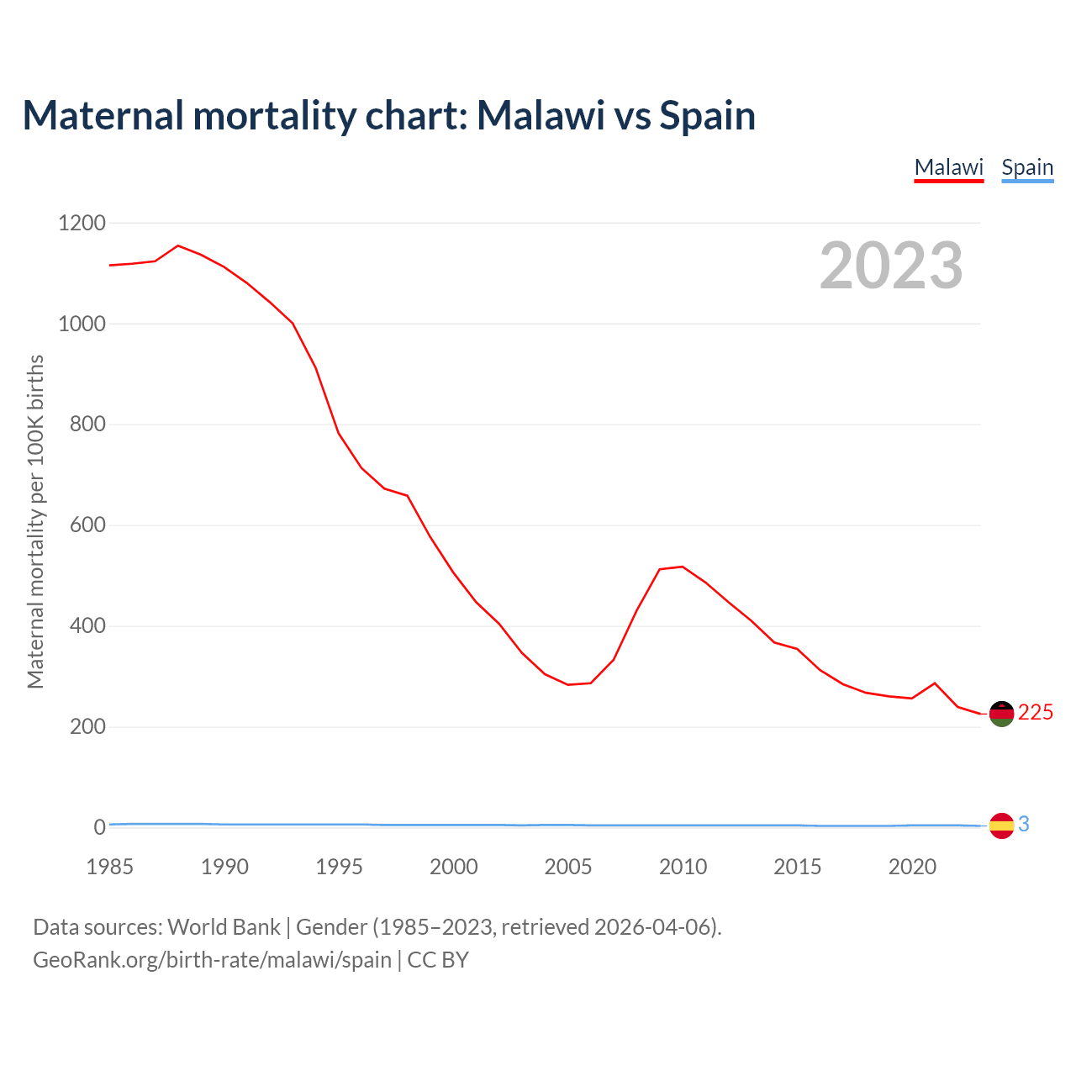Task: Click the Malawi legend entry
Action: pyautogui.click(x=948, y=167)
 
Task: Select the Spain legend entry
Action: pyautogui.click(x=1027, y=167)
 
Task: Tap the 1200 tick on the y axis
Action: pyautogui.click(x=82, y=223)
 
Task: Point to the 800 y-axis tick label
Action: pyautogui.click(x=87, y=425)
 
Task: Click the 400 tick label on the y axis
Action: pyautogui.click(x=87, y=626)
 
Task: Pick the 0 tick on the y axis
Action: pyautogui.click(x=100, y=827)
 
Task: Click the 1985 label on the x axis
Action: pyautogui.click(x=110, y=867)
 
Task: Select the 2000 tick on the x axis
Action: pyautogui.click(x=454, y=867)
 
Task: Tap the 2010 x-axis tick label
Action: pyautogui.click(x=683, y=867)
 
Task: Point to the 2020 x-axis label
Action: pyautogui.click(x=912, y=867)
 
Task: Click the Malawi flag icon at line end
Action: pyautogui.click(x=1001, y=714)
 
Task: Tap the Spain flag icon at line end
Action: pyautogui.click(x=1001, y=825)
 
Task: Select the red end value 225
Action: pyautogui.click(x=1036, y=713)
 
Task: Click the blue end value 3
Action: pyautogui.click(x=1024, y=825)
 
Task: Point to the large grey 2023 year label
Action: pyautogui.click(x=891, y=266)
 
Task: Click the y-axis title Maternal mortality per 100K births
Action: pyautogui.click(x=35, y=521)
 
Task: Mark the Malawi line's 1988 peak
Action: pyautogui.click(x=178, y=245)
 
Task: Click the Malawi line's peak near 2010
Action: pyautogui.click(x=682, y=567)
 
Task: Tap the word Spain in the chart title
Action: pyautogui.click(x=707, y=115)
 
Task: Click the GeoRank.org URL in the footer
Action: pyautogui.click(x=212, y=960)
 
